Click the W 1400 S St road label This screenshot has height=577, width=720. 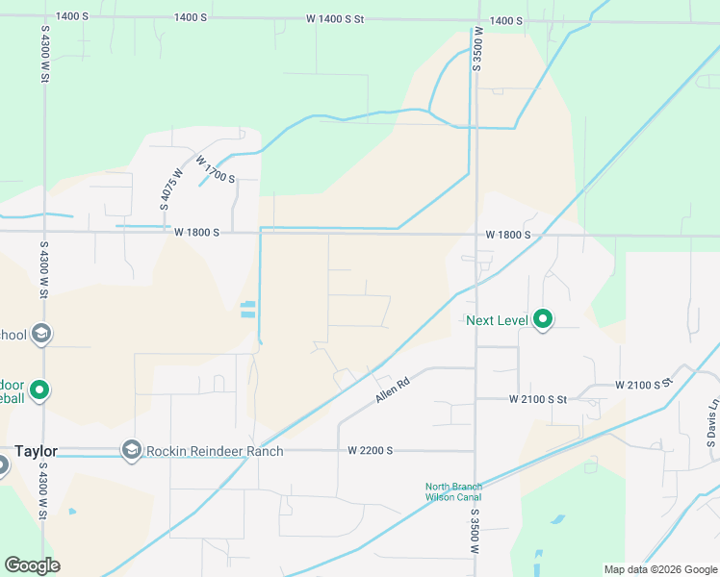[x=336, y=19]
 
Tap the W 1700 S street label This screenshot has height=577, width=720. [x=216, y=170]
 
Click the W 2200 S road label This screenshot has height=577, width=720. [x=371, y=450]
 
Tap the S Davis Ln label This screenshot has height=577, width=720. [x=711, y=424]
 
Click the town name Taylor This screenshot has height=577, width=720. [x=37, y=451]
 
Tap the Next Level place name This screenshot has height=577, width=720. [x=498, y=320]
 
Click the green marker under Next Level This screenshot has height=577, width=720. [x=543, y=318]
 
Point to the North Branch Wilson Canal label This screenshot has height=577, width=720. [x=453, y=490]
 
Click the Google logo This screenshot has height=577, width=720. [x=32, y=565]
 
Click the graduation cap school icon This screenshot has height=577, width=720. [x=40, y=335]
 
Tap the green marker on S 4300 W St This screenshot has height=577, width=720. [x=39, y=390]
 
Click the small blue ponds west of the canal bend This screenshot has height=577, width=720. [x=248, y=310]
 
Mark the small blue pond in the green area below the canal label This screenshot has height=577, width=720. [x=559, y=520]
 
